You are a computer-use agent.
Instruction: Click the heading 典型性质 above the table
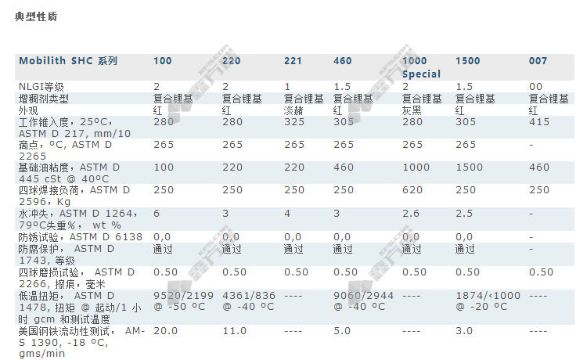click(x=36, y=16)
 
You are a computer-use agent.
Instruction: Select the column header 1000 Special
click(x=421, y=67)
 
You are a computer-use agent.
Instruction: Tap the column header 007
click(x=538, y=61)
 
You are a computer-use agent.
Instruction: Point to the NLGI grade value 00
click(x=535, y=86)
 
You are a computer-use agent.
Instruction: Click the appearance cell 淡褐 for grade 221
click(x=293, y=111)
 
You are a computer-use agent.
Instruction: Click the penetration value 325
click(x=293, y=123)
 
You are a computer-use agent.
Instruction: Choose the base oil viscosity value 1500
click(x=467, y=168)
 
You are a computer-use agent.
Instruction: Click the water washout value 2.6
click(x=410, y=213)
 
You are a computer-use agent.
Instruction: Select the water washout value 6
click(x=157, y=213)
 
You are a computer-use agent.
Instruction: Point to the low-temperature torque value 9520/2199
click(x=183, y=295)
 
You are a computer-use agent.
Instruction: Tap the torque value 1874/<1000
click(x=487, y=295)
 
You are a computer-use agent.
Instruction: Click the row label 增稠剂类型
click(x=44, y=99)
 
